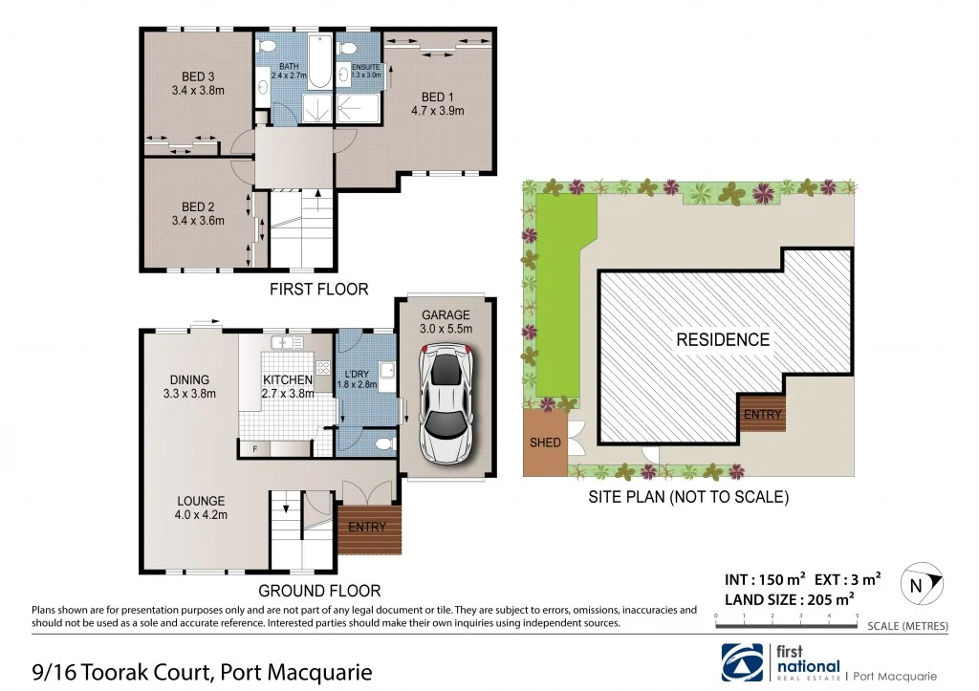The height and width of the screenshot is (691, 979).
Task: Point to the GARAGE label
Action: point(446,314)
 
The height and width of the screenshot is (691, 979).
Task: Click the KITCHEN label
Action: point(288,379)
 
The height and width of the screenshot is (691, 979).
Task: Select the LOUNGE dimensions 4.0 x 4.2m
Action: point(200,515)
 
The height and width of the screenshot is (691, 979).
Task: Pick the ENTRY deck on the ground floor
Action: point(368,530)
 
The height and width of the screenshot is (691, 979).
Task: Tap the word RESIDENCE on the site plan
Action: point(722,339)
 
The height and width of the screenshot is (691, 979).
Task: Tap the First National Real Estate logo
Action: point(782,661)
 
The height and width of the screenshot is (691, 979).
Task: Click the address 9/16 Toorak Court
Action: point(187,673)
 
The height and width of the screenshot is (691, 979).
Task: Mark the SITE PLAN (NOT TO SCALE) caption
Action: point(687,497)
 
